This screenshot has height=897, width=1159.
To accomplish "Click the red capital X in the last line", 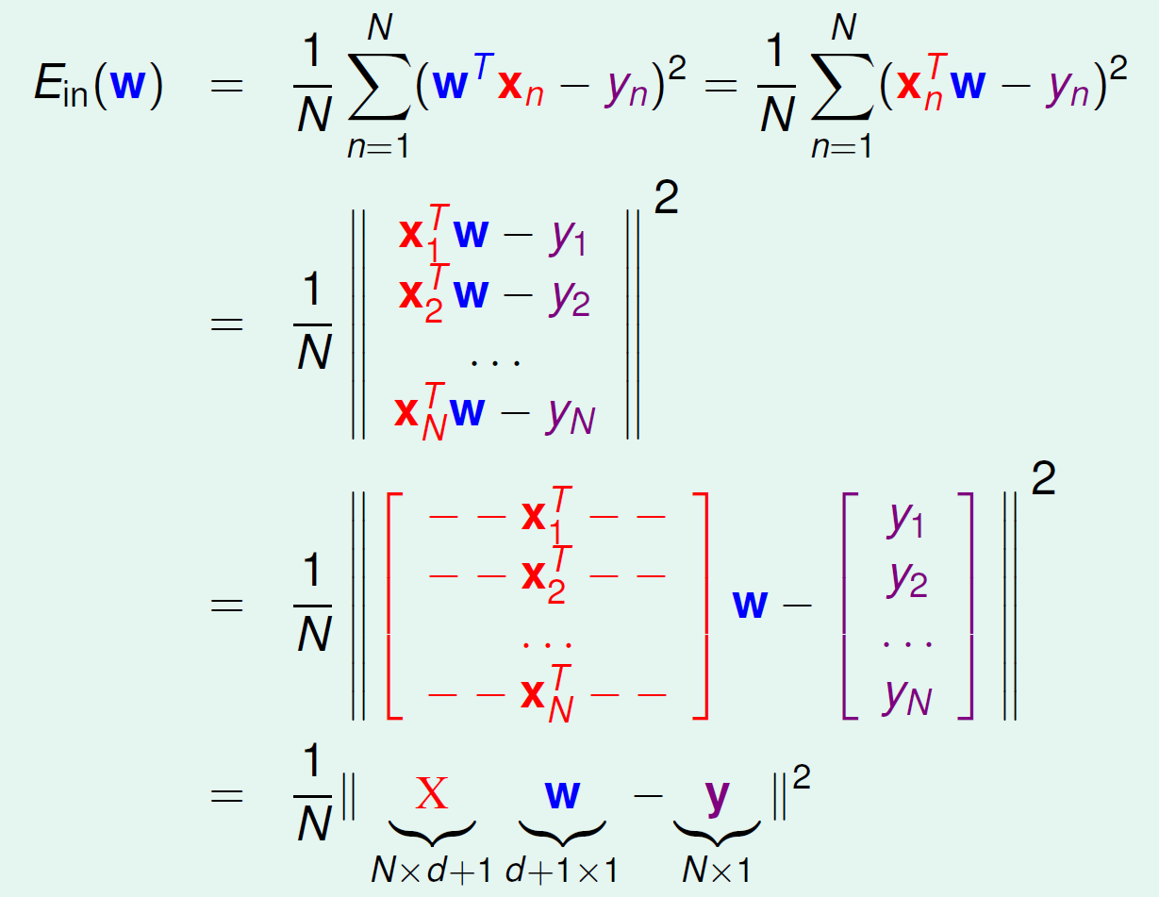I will (x=432, y=794).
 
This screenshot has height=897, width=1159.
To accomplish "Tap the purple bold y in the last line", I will (x=717, y=796).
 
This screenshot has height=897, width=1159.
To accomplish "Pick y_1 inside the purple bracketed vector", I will (x=906, y=520).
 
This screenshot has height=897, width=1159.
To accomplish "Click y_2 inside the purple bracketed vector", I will (x=906, y=578).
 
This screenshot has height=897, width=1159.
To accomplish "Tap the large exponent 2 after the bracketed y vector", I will (x=1043, y=483).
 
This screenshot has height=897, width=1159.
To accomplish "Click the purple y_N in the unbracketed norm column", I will (x=570, y=413).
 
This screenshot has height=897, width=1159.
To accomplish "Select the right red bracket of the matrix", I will (x=700, y=605).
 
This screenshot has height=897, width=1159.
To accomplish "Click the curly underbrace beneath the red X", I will (x=432, y=830).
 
